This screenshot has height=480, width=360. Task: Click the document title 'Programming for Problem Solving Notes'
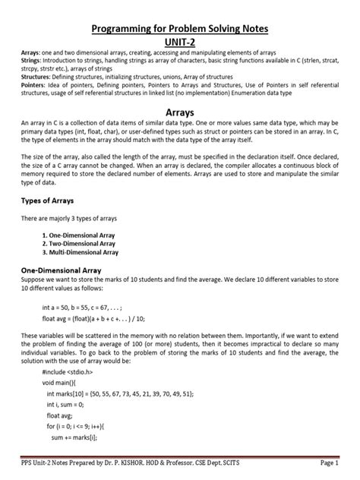click(180, 28)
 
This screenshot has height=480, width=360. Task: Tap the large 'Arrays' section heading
click(180, 111)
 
